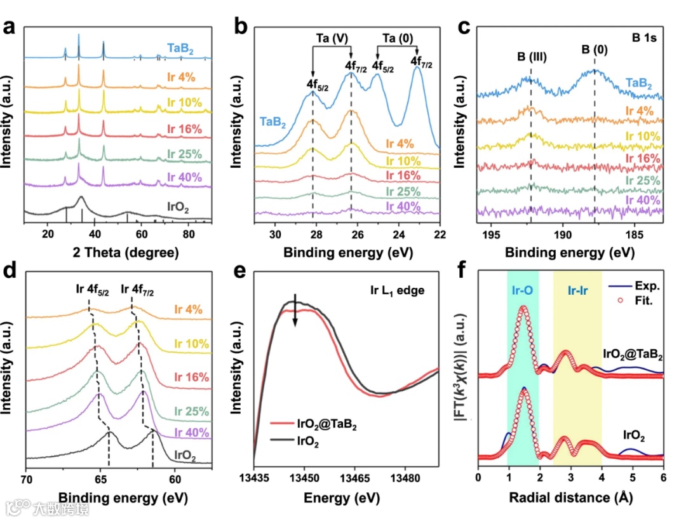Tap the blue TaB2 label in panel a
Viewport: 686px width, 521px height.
pos(180,48)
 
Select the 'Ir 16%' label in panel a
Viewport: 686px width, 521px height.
pos(185,129)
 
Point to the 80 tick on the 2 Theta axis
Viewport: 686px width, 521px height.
pos(189,234)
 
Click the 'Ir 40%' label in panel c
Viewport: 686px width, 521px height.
pos(643,199)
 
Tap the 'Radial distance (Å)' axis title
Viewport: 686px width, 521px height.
pos(570,497)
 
